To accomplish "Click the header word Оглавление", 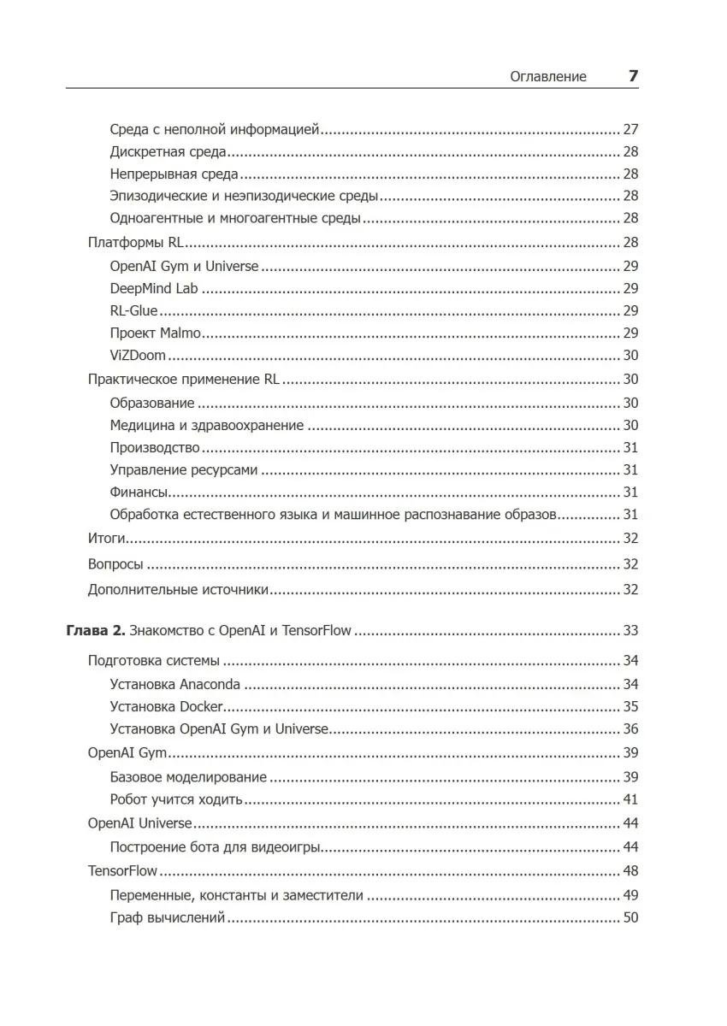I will (548, 76).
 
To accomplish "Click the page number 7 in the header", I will (633, 75).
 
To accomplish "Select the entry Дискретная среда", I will (168, 152).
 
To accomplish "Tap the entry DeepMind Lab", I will (154, 288).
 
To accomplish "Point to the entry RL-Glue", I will (134, 310).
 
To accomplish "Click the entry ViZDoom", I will (138, 356).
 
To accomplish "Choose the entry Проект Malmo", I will (155, 333).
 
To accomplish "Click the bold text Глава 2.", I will (95, 631).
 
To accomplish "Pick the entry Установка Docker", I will (167, 707).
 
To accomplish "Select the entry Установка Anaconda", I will (175, 684).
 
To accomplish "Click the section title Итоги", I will (107, 539).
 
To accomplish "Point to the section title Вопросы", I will (115, 564).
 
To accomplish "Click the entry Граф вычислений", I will (168, 918).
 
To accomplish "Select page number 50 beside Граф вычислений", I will (631, 918).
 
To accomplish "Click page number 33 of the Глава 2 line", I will (631, 631).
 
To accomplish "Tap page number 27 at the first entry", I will (631, 130).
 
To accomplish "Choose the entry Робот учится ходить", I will (177, 800).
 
